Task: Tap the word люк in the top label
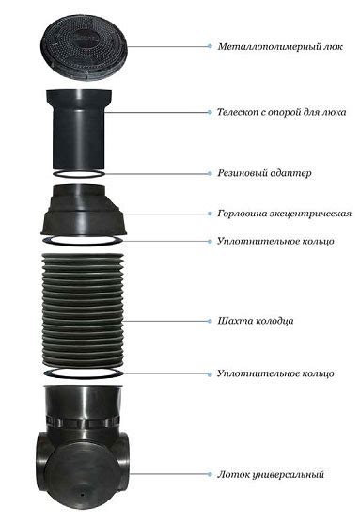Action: pyautogui.click(x=333, y=46)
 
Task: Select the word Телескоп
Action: pyautogui.click(x=238, y=112)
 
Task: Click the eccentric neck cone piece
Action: pyautogui.click(x=84, y=210)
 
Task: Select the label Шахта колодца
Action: pyautogui.click(x=256, y=321)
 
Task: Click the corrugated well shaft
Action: pyautogui.click(x=83, y=310)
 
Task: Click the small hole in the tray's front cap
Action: pyautogui.click(x=82, y=493)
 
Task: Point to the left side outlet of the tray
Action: pyautogui.click(x=42, y=457)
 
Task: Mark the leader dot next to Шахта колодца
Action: pyautogui.click(x=210, y=321)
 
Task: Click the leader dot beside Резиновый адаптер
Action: pyautogui.click(x=210, y=173)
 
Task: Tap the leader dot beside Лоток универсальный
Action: pyautogui.click(x=210, y=474)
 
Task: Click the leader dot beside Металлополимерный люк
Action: pyautogui.click(x=210, y=46)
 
